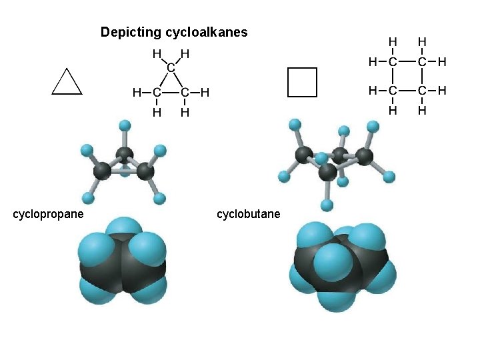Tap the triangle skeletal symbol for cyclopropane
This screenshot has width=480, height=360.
pyautogui.click(x=67, y=82)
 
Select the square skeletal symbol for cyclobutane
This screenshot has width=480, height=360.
pyautogui.click(x=302, y=82)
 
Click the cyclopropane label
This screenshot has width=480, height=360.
pyautogui.click(x=49, y=214)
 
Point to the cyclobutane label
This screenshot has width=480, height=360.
pyautogui.click(x=249, y=214)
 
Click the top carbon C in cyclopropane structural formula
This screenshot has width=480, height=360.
pyautogui.click(x=171, y=67)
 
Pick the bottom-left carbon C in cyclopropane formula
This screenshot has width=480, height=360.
pyautogui.click(x=157, y=93)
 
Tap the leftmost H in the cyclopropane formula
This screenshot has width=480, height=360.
pyautogui.click(x=136, y=93)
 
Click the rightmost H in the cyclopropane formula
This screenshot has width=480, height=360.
pyautogui.click(x=205, y=93)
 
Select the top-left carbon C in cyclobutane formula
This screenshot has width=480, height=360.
pyautogui.click(x=393, y=62)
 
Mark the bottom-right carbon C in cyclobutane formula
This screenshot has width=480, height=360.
pyautogui.click(x=421, y=90)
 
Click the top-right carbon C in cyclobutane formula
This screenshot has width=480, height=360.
pyautogui.click(x=421, y=62)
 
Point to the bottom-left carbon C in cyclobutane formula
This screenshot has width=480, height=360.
pyautogui.click(x=393, y=90)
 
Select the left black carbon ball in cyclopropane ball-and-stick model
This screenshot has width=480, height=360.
pyautogui.click(x=102, y=171)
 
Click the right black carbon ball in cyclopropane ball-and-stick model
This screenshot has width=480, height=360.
pyautogui.click(x=145, y=171)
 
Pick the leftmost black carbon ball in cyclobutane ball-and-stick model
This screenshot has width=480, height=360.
pyautogui.click(x=304, y=156)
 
